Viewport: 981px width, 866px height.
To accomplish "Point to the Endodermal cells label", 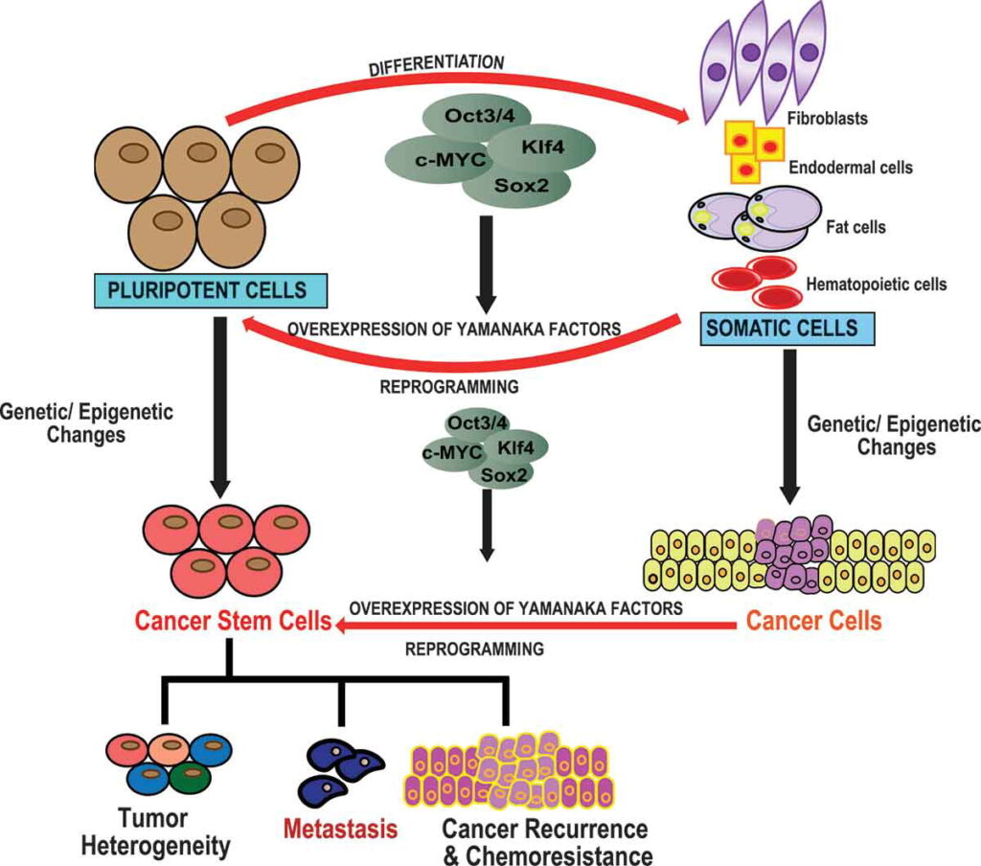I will (x=850, y=168).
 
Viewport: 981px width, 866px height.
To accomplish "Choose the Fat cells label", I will (x=855, y=228).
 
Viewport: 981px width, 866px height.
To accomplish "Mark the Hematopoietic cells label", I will (x=877, y=284).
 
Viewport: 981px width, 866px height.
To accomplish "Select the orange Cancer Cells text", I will (x=813, y=620).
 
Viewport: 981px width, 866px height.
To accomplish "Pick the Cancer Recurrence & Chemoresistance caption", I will (x=544, y=840).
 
